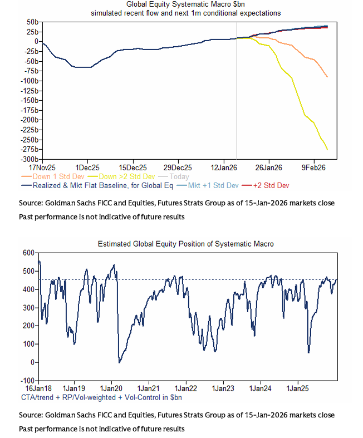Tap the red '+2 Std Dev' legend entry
(x=270, y=185)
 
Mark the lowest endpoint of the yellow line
(x=327, y=150)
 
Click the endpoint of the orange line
(x=327, y=77)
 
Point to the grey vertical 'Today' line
(x=237, y=100)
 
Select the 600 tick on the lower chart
(x=27, y=253)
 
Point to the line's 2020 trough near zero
(x=119, y=362)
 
